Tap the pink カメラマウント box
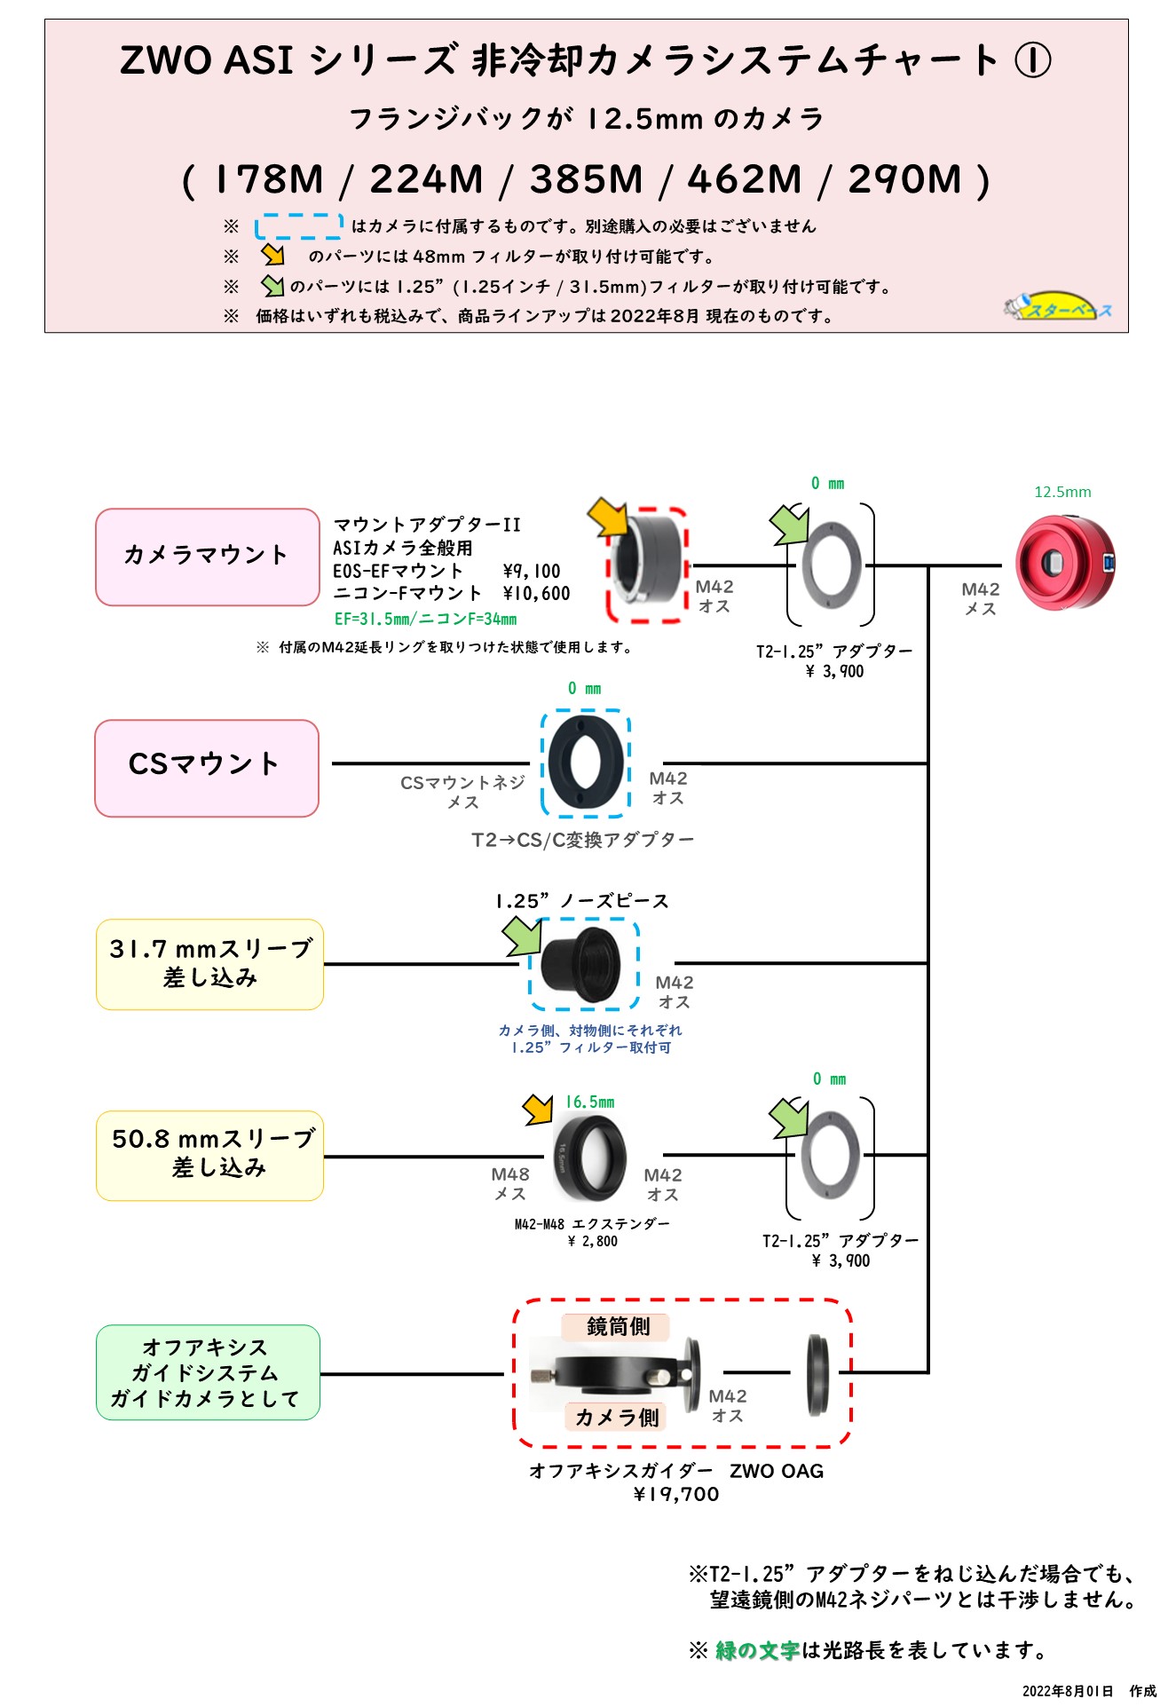click(x=207, y=557)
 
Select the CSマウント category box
click(x=207, y=768)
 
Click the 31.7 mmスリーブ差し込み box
click(x=209, y=964)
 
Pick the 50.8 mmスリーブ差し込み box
click(x=209, y=1155)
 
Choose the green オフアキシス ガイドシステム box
click(x=208, y=1372)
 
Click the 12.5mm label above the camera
click(x=1062, y=492)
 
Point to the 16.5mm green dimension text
click(x=589, y=1102)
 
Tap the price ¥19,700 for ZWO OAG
click(x=676, y=1494)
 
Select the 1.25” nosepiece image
click(x=582, y=965)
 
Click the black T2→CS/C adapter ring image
click(x=585, y=762)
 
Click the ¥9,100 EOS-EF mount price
click(x=531, y=571)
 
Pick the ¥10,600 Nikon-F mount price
click(x=536, y=593)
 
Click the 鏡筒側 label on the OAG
click(x=618, y=1326)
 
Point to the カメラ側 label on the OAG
click(x=617, y=1417)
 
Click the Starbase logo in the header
click(x=1058, y=306)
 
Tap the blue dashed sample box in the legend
click(x=299, y=226)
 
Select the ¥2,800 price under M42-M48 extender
click(x=593, y=1241)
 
